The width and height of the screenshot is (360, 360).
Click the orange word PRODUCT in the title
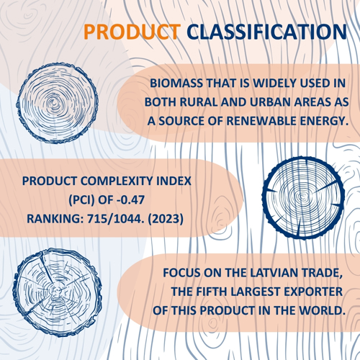tap(132, 32)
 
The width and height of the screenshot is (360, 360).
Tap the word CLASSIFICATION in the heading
tap(267, 32)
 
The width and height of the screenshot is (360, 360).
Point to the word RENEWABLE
tap(261, 121)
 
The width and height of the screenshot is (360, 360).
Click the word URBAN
tap(270, 102)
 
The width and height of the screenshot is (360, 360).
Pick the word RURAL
tap(199, 102)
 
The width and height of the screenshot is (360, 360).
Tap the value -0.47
tap(130, 199)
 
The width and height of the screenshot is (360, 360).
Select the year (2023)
tap(166, 219)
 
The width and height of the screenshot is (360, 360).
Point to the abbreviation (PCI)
tap(81, 199)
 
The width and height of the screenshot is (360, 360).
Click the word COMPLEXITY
tap(117, 181)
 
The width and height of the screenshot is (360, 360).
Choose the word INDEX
tap(174, 181)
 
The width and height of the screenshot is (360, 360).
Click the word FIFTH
tap(212, 292)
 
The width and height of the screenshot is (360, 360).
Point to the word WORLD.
tap(322, 311)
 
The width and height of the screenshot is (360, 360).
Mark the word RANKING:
tap(55, 219)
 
